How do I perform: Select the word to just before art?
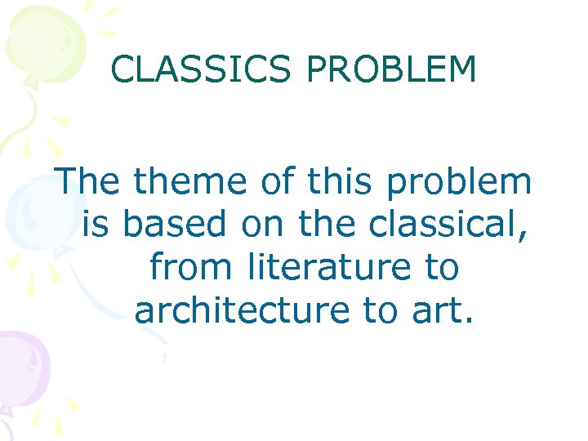389,310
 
